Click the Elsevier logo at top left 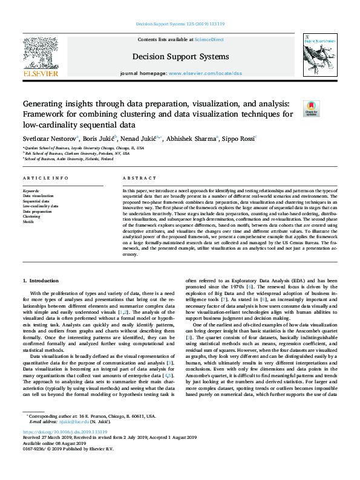pyautogui.click(x=40, y=57)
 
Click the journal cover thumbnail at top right pyautogui.click(x=318, y=55)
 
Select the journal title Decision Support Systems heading pyautogui.click(x=180, y=57)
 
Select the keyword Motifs pyautogui.click(x=28, y=222)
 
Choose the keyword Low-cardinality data pyautogui.click(x=41, y=206)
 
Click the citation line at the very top pyautogui.click(x=180, y=24)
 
